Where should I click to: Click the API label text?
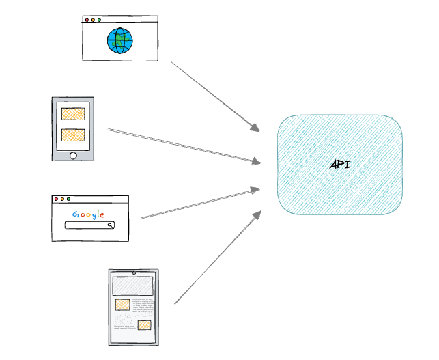tap(339, 165)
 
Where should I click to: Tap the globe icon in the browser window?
tap(119, 41)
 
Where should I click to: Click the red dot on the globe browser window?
tap(86, 20)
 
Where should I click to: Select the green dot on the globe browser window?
tap(100, 20)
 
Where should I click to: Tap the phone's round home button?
tap(73, 156)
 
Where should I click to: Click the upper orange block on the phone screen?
tap(73, 114)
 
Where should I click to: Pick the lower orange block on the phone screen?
tap(73, 135)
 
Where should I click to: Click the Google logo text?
tap(89, 214)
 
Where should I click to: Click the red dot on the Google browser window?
tap(55, 199)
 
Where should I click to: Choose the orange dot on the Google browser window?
tap(62, 199)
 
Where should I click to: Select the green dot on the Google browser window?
tap(69, 199)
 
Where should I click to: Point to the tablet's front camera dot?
tap(134, 273)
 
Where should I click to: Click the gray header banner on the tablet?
tap(133, 286)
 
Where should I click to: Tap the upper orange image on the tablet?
tap(122, 305)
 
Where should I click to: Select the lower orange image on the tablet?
tap(144, 325)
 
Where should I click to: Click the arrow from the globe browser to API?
tap(214, 96)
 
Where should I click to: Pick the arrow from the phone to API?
tap(184, 146)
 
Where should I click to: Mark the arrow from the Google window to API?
tap(200, 204)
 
